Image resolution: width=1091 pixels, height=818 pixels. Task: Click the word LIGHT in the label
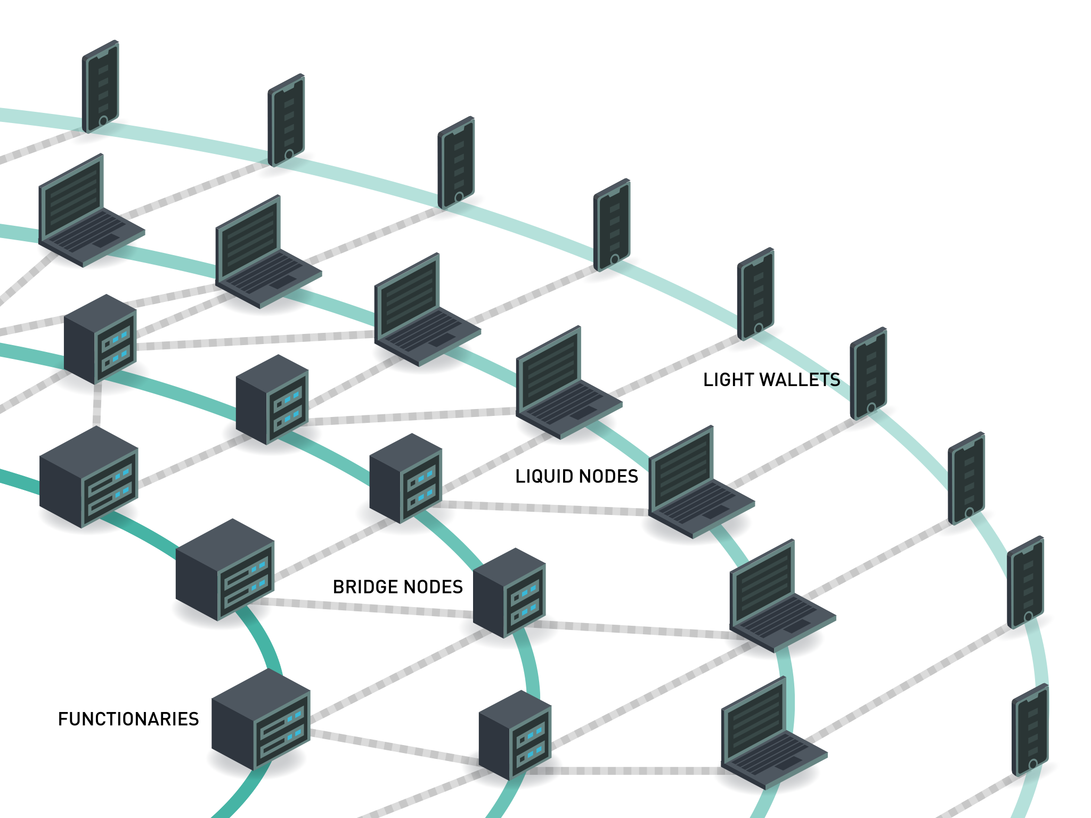(x=728, y=380)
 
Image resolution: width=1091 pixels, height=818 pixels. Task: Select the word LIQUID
(x=543, y=476)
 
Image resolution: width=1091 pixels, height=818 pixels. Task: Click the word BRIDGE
(x=364, y=587)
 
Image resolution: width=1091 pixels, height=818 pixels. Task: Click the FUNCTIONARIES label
(x=128, y=719)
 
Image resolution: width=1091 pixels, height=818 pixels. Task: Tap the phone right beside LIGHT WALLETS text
(x=868, y=373)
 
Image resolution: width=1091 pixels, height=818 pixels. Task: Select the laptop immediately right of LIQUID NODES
(x=698, y=485)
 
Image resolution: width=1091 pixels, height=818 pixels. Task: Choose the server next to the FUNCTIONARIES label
(x=260, y=719)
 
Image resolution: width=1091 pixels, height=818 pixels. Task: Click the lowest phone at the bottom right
(x=1030, y=730)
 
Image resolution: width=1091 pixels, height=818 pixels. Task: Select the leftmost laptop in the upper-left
(x=88, y=213)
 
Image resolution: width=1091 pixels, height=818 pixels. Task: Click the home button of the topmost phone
(x=103, y=121)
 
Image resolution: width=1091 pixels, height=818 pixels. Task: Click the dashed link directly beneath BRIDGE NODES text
(x=368, y=608)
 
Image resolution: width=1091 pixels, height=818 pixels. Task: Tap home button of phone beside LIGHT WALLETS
(x=872, y=408)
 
